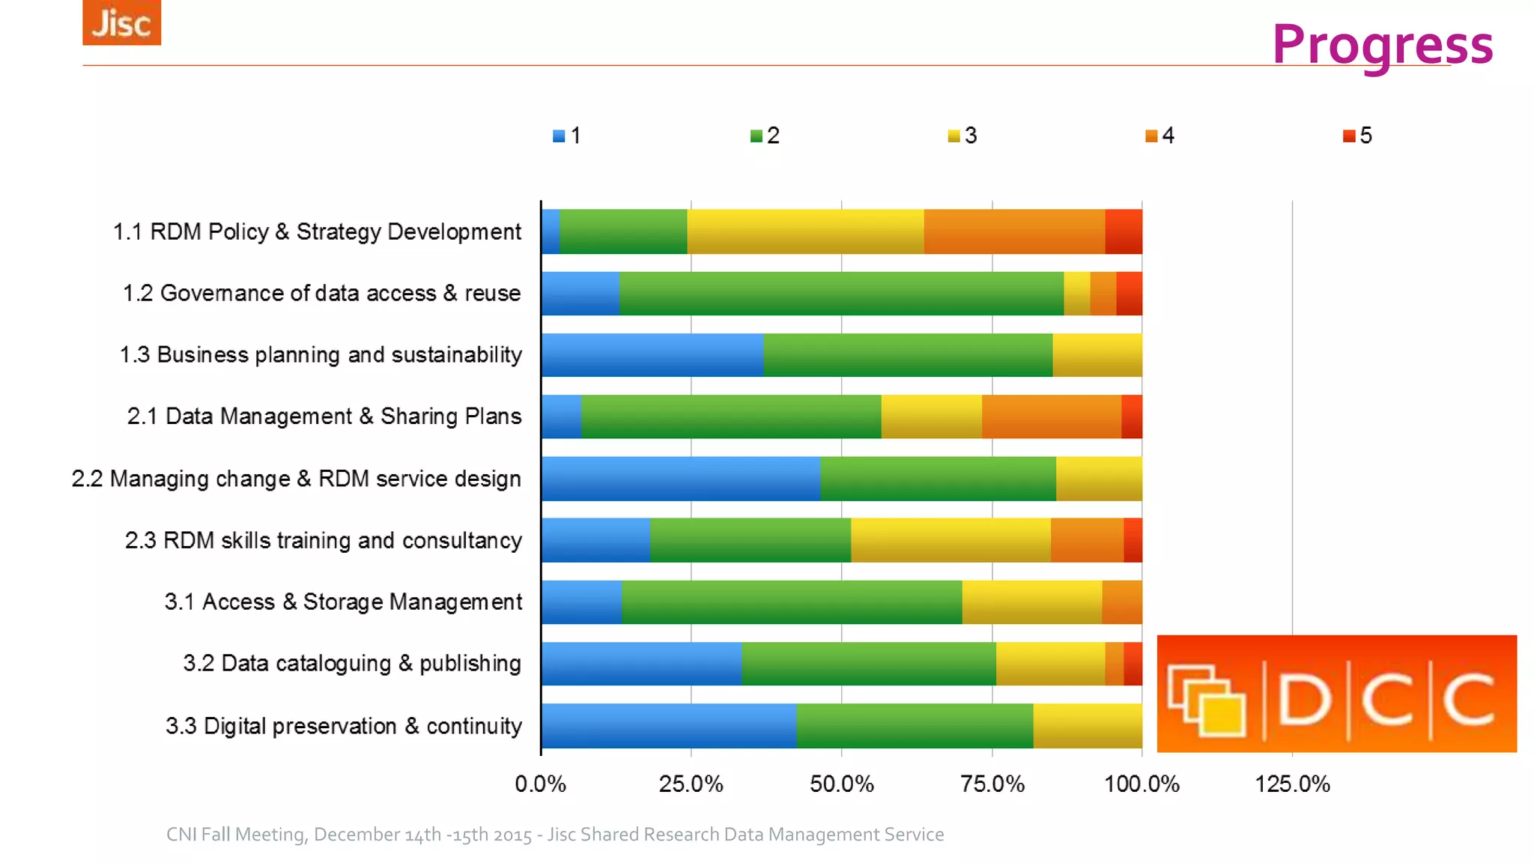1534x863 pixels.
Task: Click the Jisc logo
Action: coord(121,22)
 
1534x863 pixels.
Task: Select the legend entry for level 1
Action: coord(567,136)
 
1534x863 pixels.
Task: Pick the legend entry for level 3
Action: coord(962,136)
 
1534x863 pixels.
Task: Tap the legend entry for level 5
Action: coord(1357,136)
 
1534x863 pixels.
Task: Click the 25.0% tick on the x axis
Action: coord(691,784)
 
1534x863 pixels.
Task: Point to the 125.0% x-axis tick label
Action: coord(1292,784)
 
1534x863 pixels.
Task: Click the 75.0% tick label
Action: coord(992,784)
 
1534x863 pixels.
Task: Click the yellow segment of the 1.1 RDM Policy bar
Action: coord(805,231)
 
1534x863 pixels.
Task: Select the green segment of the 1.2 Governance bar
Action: coord(840,293)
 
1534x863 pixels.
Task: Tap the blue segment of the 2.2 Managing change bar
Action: coord(680,478)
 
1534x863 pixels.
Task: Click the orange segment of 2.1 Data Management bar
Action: coord(1051,417)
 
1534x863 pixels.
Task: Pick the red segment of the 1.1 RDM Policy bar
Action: coord(1124,231)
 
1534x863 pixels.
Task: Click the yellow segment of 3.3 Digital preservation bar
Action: coord(1087,725)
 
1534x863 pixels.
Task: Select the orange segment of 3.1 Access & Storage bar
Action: coord(1121,602)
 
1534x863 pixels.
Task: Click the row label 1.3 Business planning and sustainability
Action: coord(321,354)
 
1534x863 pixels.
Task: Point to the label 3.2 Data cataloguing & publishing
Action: coord(352,663)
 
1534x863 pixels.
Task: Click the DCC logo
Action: coord(1336,694)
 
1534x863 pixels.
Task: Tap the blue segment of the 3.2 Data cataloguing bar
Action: coord(641,663)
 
